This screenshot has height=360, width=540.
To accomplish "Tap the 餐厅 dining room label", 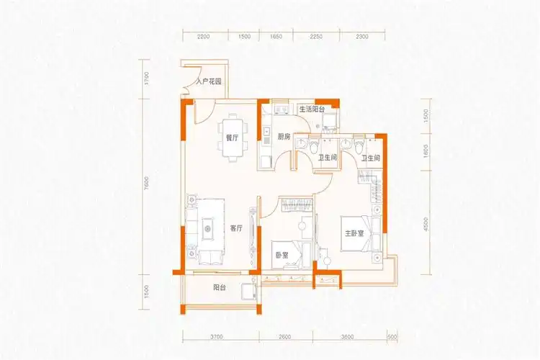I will [x=231, y=140].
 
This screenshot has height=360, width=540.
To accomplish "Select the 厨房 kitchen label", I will [x=283, y=136].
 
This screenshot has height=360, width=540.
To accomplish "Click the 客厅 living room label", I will [x=237, y=228].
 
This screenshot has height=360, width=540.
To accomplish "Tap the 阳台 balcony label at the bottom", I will [x=221, y=287].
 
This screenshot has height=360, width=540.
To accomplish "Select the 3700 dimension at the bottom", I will [x=220, y=337].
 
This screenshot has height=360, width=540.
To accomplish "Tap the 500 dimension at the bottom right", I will [x=392, y=337].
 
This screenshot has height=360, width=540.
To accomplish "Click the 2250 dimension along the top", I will [x=316, y=36].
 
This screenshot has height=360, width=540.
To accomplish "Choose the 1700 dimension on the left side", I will [x=145, y=78].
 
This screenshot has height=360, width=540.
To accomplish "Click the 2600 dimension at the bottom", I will [x=284, y=337].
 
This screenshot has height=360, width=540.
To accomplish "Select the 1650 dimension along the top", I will [x=276, y=36].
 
